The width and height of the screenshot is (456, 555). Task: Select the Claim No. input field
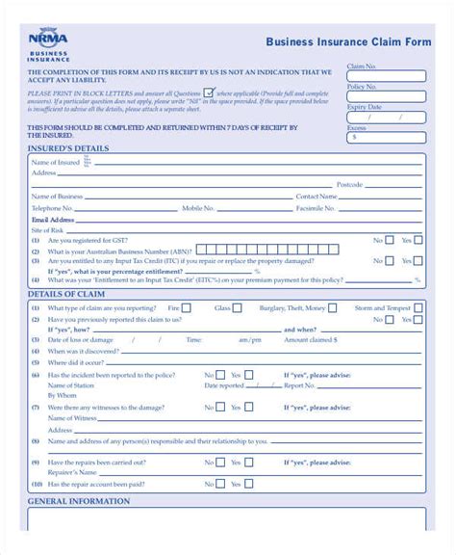point(385,76)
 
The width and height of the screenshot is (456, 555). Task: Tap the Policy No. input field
point(385,96)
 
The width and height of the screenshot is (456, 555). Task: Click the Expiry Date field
point(385,117)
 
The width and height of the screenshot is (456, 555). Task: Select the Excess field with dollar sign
point(385,137)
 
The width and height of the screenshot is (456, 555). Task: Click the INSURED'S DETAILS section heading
point(68,149)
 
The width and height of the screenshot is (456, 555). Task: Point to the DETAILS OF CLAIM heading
point(64,293)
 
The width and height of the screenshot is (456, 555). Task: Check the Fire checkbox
point(186,308)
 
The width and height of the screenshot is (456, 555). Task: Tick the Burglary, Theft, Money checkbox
point(334,308)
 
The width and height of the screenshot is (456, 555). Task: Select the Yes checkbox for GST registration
point(418,240)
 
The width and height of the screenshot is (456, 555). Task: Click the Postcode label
point(349,184)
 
